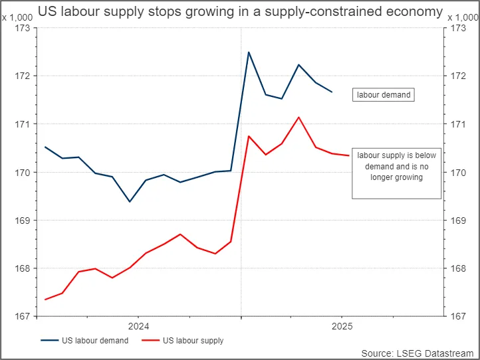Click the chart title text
click(x=240, y=11)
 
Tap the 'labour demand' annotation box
click(x=383, y=95)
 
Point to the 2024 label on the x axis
click(x=138, y=326)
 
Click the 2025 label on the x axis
click(x=342, y=326)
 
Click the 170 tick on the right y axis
click(x=457, y=173)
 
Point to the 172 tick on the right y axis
click(x=457, y=76)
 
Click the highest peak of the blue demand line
click(x=249, y=52)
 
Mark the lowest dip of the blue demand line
click(x=130, y=201)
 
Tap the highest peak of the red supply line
click(x=299, y=117)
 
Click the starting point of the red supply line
click(x=45, y=300)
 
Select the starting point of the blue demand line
click(x=45, y=147)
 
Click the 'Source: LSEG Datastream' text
click(x=419, y=353)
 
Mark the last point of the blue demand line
click(x=332, y=92)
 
